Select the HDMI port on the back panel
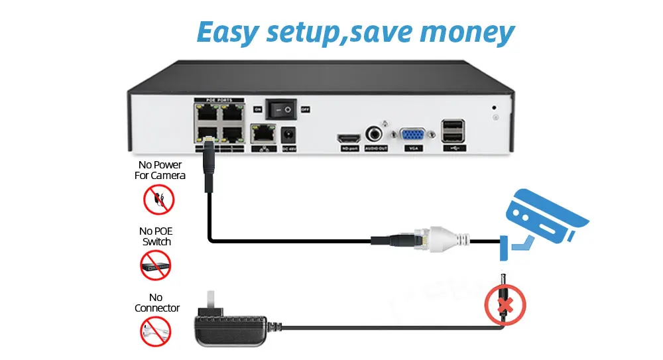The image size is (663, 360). (349, 137)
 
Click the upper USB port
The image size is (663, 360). (454, 125)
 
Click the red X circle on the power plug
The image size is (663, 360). (505, 304)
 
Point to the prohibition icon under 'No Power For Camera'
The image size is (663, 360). (159, 200)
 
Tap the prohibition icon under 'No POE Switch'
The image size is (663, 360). (156, 265)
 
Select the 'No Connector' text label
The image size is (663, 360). (156, 302)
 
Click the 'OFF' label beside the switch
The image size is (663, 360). (306, 109)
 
